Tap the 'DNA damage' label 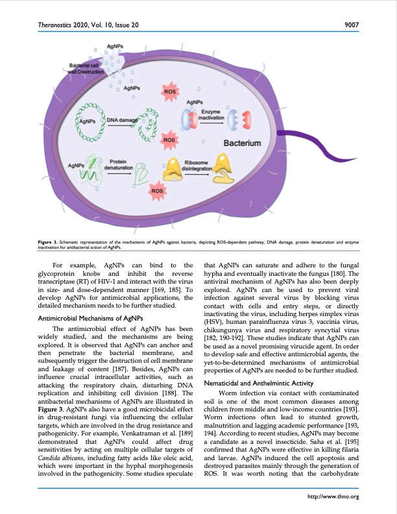(121, 120)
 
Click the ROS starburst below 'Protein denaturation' (157, 191)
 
